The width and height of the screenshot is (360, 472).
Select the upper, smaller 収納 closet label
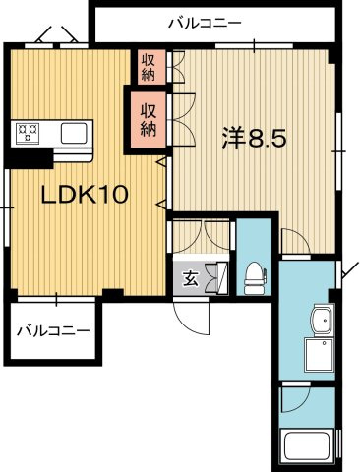click(148, 67)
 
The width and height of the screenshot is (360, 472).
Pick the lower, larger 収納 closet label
click(148, 117)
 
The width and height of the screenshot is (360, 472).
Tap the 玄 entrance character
click(191, 278)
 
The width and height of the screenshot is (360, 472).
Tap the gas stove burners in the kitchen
click(26, 130)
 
